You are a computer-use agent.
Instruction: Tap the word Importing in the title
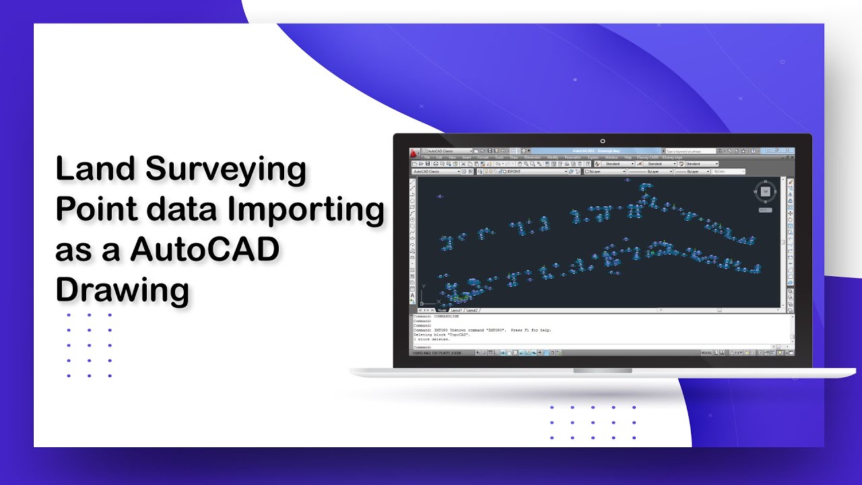click(306, 209)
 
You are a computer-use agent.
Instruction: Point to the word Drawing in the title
click(122, 290)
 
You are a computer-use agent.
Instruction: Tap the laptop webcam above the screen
click(603, 141)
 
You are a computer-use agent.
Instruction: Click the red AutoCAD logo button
click(413, 152)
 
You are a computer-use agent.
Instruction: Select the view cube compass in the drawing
click(765, 192)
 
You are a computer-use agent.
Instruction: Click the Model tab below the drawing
click(442, 311)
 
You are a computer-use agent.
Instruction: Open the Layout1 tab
click(457, 311)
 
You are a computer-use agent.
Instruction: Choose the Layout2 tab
click(472, 311)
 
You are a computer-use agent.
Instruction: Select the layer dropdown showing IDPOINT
click(535, 172)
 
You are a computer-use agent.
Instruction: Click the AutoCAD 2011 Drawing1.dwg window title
click(596, 151)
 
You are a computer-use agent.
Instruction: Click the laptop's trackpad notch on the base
click(603, 371)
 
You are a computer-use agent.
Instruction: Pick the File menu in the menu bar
click(427, 158)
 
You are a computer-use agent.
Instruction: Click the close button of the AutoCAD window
click(791, 151)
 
